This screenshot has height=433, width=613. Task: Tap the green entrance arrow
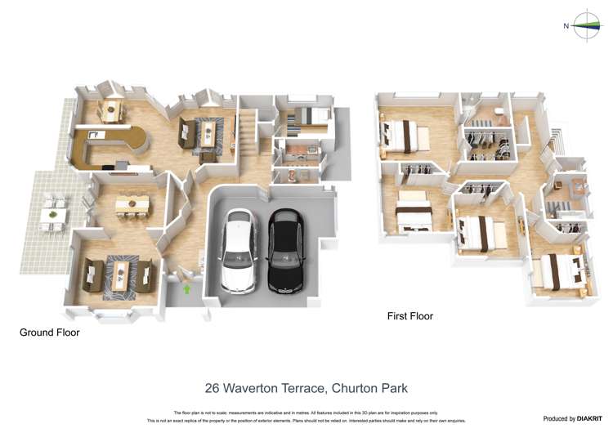point(187,288)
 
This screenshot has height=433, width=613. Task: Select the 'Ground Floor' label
point(50,333)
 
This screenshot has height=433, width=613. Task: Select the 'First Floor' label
point(409,316)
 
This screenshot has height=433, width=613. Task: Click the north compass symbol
point(587,26)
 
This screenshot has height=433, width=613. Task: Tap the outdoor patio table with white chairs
point(54,214)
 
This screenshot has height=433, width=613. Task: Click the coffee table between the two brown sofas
point(120,276)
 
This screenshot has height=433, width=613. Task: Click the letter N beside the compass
point(566,26)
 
